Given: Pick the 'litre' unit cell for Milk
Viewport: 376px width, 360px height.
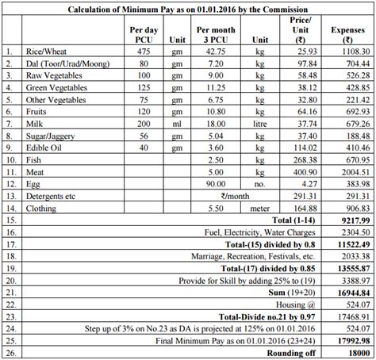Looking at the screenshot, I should (x=239, y=147).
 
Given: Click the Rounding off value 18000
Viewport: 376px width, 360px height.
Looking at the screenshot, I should (x=350, y=354).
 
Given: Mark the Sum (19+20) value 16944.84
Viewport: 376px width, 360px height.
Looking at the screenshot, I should (x=346, y=292).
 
